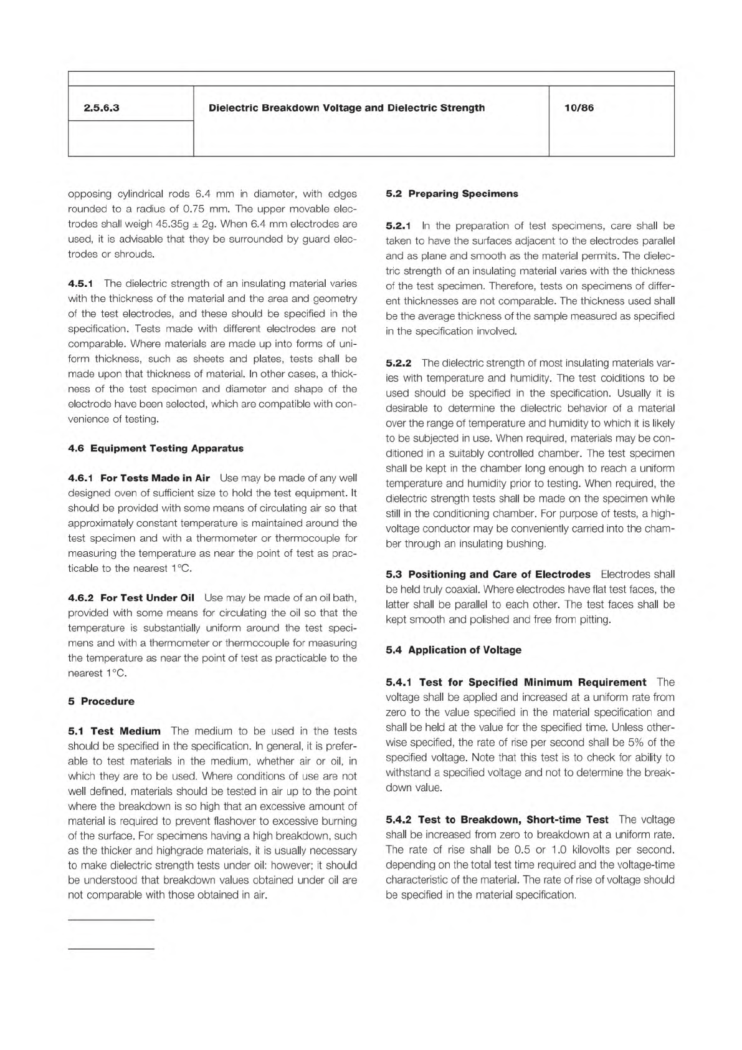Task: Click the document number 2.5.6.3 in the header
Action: pyautogui.click(x=102, y=108)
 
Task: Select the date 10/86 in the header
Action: pyautogui.click(x=579, y=108)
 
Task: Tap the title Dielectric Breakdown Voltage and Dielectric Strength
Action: pyautogui.click(x=346, y=108)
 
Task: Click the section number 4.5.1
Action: pyautogui.click(x=80, y=284)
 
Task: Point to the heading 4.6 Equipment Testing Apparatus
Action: pyautogui.click(x=156, y=448)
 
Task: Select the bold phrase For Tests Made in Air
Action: pyautogui.click(x=155, y=478)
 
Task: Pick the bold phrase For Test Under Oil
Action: pyautogui.click(x=147, y=598)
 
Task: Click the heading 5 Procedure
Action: pyautogui.click(x=101, y=701)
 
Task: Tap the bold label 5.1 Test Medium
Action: pyautogui.click(x=114, y=731)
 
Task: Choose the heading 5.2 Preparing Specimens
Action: pyautogui.click(x=452, y=193)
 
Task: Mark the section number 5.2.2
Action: pyautogui.click(x=399, y=363)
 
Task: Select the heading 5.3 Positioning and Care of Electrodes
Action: pyautogui.click(x=488, y=574)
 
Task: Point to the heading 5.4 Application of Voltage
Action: pyautogui.click(x=454, y=650)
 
